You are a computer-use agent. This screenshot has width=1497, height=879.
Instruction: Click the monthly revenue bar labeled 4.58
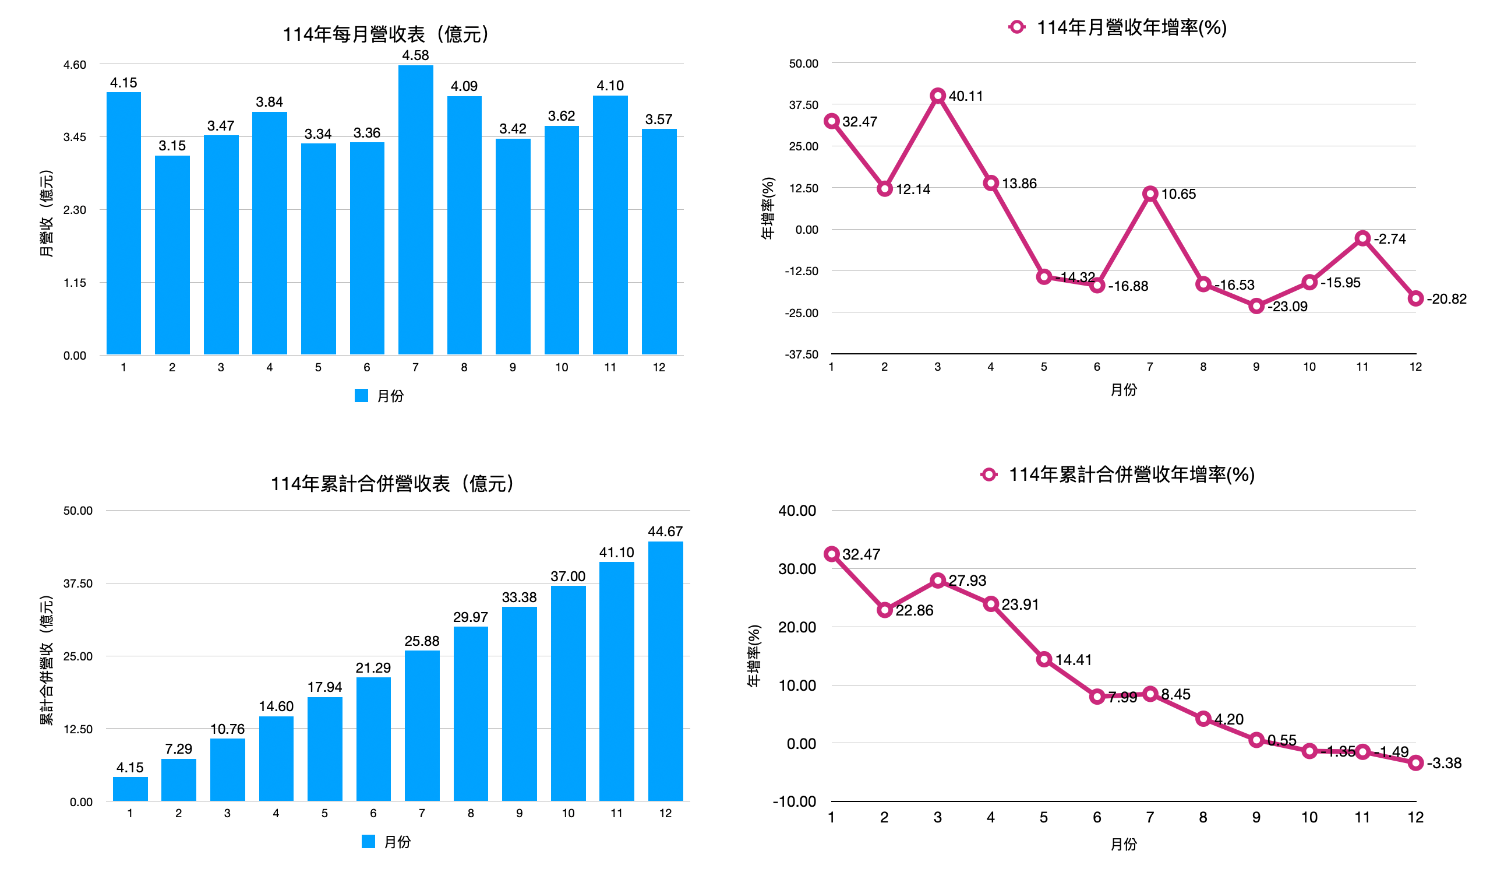415,208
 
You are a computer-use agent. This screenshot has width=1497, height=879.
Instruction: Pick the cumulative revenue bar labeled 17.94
324,748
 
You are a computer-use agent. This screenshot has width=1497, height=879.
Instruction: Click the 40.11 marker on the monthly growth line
937,96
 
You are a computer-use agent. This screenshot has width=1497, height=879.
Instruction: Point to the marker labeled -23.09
1256,306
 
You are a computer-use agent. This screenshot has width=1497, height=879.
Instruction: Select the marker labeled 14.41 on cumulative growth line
1044,659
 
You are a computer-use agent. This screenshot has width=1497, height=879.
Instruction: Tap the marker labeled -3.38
1415,762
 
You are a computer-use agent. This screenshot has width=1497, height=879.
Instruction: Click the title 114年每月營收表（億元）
386,34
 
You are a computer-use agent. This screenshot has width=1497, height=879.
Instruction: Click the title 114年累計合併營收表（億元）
393,484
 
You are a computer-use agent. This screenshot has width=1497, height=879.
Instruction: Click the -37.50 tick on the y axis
802,355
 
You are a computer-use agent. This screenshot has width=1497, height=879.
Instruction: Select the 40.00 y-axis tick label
797,511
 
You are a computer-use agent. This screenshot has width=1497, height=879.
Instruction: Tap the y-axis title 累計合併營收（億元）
47,660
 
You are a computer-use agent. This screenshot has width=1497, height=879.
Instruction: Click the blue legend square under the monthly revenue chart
361,396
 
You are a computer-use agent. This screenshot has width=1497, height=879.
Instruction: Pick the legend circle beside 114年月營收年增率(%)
1016,27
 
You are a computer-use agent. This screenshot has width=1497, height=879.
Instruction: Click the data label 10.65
1178,194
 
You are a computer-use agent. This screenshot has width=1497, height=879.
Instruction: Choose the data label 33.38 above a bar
519,597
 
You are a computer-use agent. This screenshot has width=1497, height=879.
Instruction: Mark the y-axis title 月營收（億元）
47,214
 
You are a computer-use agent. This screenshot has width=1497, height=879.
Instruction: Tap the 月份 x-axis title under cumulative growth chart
1124,844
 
